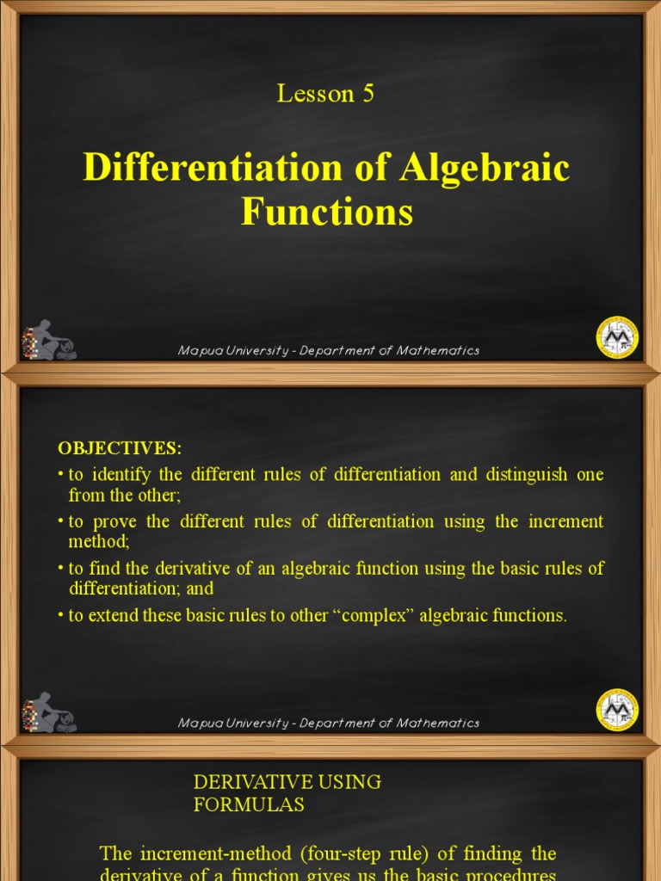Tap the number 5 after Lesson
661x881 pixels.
[368, 94]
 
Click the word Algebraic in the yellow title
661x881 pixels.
[484, 168]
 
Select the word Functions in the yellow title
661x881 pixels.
[327, 212]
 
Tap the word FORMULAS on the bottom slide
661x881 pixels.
[249, 805]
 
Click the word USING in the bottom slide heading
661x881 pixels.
[350, 782]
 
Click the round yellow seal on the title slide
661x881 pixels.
[617, 337]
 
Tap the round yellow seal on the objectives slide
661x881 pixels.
[617, 710]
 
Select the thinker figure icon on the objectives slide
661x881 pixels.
[49, 712]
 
